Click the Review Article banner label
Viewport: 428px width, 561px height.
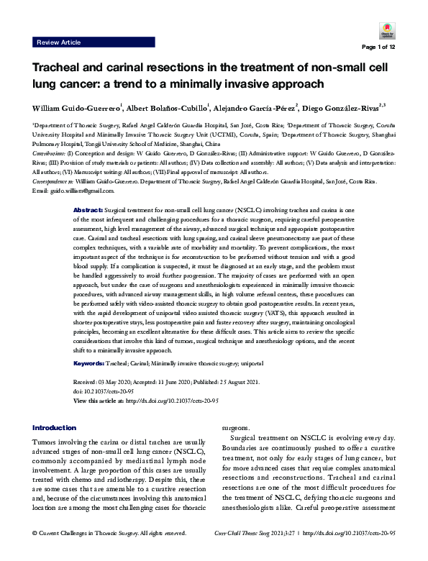(x=59, y=43)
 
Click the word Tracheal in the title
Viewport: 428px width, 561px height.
(x=56, y=69)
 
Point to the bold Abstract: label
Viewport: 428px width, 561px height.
(x=88, y=208)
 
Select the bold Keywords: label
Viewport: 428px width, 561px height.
(x=91, y=365)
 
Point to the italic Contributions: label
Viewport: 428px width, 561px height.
(x=50, y=154)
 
